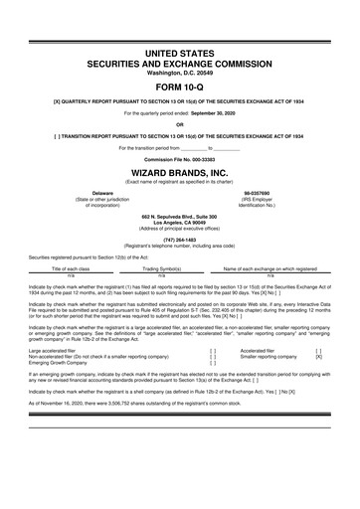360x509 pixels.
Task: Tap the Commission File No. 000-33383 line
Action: tap(180, 158)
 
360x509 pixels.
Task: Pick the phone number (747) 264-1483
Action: tap(180, 240)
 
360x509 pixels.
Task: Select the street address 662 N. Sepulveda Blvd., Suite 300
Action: tap(180, 216)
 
